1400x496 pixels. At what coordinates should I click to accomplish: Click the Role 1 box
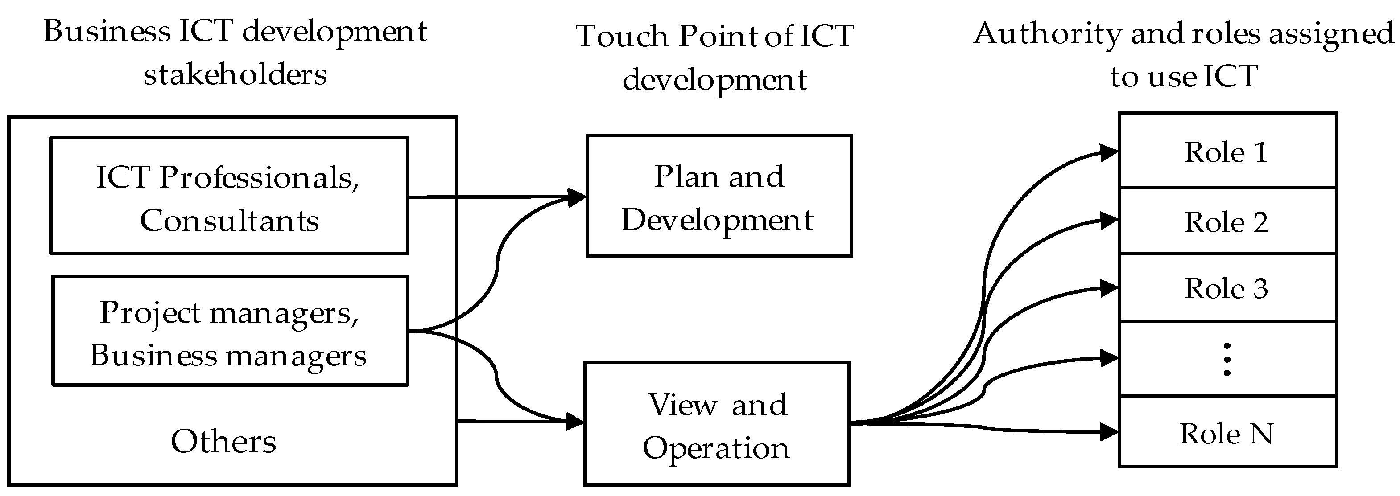pos(1227,151)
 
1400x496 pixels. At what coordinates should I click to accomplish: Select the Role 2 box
pos(1227,221)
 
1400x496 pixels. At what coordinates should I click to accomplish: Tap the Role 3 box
pos(1227,288)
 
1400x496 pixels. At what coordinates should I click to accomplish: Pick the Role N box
pos(1227,433)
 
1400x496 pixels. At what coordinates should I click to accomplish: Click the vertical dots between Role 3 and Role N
pos(1227,359)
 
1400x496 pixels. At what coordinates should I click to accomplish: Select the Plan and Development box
pos(719,196)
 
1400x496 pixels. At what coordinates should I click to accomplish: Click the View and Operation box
pos(716,424)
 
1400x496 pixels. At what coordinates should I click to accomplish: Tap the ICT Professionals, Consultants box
pos(229,196)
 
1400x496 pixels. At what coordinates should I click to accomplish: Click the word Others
pos(223,441)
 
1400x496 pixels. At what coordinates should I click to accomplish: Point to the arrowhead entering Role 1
pos(1109,153)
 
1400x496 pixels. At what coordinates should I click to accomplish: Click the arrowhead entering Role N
pos(1109,432)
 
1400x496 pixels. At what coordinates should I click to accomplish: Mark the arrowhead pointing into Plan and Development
pos(576,197)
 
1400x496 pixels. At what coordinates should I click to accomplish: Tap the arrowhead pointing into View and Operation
pos(574,421)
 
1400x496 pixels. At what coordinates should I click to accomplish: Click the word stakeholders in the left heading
pos(235,74)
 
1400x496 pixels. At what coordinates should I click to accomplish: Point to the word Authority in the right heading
pos(1047,34)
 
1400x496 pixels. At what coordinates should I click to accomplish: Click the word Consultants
pos(229,221)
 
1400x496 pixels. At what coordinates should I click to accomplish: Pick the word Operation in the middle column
pos(716,448)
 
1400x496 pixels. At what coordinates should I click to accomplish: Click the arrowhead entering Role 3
pos(1109,288)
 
